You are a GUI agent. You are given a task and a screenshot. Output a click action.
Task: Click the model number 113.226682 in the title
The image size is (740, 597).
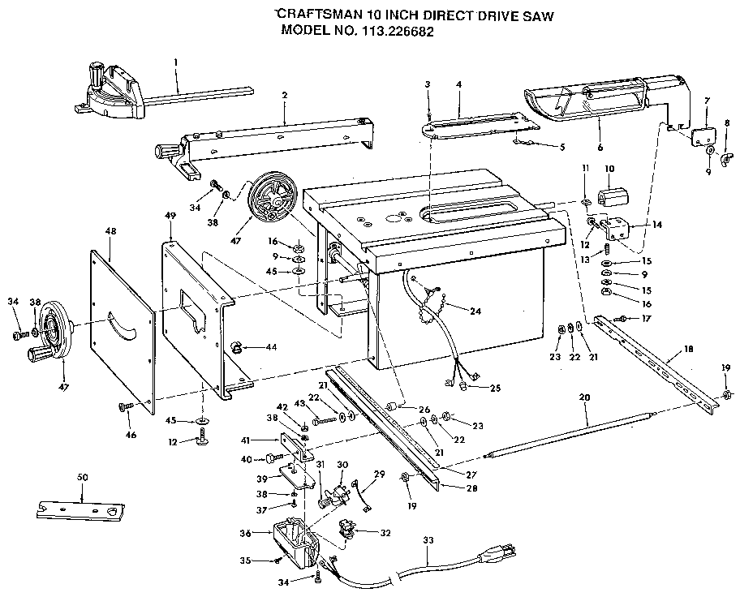click(x=398, y=32)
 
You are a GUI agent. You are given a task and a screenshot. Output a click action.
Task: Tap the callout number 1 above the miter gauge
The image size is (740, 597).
click(x=175, y=62)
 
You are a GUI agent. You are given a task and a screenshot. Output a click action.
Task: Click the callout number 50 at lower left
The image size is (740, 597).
click(x=82, y=478)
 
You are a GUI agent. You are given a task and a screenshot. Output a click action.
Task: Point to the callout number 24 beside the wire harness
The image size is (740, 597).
click(x=475, y=311)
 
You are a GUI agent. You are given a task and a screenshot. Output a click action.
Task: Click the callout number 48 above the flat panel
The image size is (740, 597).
click(x=111, y=231)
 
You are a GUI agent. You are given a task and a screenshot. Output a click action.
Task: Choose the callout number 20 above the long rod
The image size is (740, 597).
click(x=584, y=397)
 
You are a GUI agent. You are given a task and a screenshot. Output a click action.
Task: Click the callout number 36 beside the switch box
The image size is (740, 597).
click(x=245, y=533)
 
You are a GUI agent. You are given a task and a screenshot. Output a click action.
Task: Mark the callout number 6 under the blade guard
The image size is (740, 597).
click(x=600, y=148)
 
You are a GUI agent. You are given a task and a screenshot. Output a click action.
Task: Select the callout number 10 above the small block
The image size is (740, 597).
click(x=609, y=169)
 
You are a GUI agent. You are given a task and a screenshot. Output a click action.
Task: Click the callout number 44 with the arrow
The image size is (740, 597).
click(x=271, y=347)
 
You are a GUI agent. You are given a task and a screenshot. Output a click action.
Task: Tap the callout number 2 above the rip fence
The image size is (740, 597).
click(x=285, y=96)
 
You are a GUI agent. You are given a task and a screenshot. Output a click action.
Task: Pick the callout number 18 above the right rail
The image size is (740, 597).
click(x=688, y=350)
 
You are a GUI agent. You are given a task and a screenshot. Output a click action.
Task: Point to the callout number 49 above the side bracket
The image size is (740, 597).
click(x=170, y=216)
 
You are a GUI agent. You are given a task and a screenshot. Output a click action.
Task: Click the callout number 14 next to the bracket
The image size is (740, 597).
click(x=656, y=225)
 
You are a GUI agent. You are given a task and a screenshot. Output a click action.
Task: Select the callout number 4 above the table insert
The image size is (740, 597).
click(x=458, y=85)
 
